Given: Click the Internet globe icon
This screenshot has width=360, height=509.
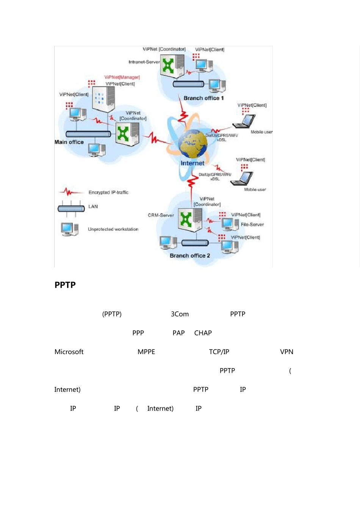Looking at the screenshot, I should coord(193,144).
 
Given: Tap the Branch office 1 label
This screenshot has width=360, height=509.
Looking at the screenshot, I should coord(203,98).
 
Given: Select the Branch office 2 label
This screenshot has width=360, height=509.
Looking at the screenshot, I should coord(189,256).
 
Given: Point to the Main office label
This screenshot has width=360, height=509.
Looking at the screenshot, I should coord(69,142).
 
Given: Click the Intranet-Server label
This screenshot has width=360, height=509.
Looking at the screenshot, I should coord(144,62).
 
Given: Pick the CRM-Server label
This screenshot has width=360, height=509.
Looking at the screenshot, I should coord(161,215).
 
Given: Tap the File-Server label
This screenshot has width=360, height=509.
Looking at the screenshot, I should coord(252,225).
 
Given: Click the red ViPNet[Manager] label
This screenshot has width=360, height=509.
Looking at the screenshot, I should coord(122,77).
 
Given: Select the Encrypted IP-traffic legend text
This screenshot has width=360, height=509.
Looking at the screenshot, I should coord(108,192).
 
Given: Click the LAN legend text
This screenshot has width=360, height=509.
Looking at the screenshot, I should coord(93,206).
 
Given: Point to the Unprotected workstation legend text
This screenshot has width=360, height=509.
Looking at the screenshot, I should coord(113,229).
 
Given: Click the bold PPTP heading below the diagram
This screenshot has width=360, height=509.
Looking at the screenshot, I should coord(65,285).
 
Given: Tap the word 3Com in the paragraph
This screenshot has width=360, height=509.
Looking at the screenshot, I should coord(180,314).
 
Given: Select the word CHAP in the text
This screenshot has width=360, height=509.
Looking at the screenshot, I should coord(203,333).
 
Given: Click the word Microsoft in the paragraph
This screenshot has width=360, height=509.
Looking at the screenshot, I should coord(69,352).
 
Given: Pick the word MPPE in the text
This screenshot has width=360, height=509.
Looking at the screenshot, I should coord(146,352).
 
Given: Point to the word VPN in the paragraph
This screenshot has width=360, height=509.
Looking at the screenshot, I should coord(286,352).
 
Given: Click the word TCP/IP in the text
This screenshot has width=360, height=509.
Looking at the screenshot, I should coord(219,352).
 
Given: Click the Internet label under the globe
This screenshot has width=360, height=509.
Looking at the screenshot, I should coord(192,163).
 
